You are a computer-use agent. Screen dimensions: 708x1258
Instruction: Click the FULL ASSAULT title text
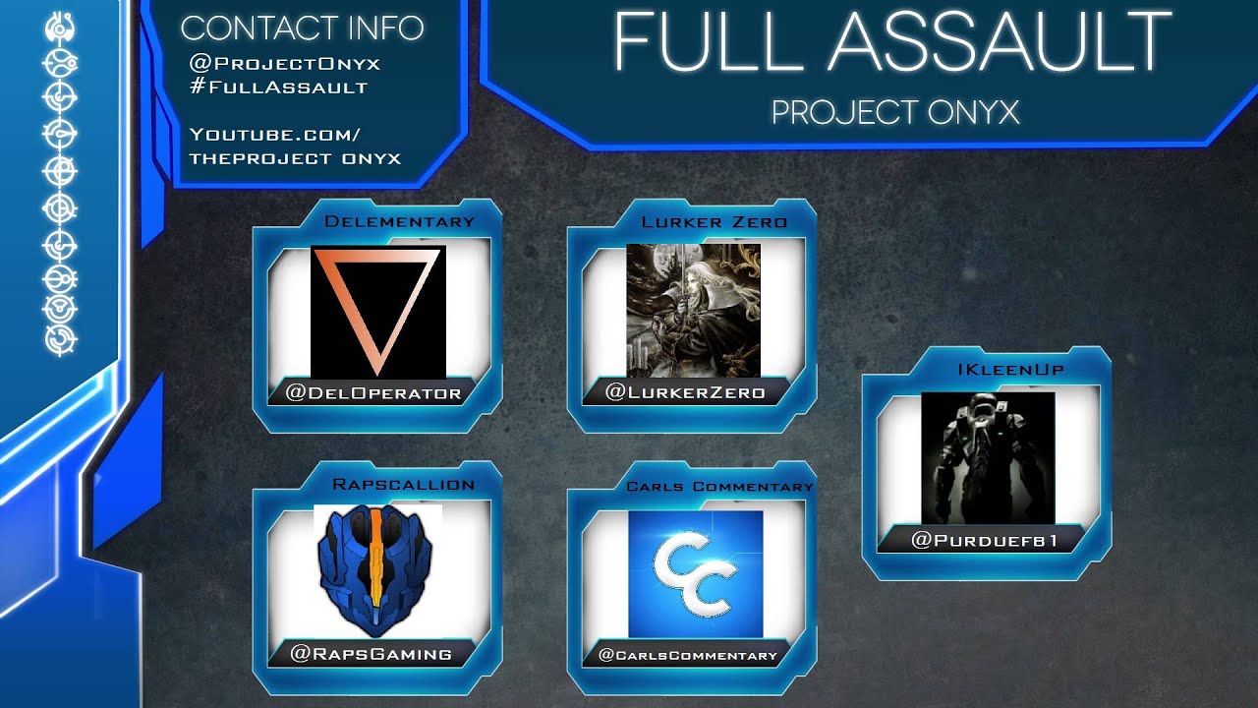tap(892, 44)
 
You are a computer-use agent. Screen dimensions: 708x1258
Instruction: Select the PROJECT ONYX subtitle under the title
tap(895, 112)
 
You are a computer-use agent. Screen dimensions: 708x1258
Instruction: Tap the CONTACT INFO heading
tap(302, 28)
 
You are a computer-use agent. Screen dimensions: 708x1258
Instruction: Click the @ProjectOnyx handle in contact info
tap(285, 64)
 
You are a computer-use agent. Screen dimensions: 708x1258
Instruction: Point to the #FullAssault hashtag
tap(279, 87)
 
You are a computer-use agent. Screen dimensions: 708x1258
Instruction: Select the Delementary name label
tap(399, 221)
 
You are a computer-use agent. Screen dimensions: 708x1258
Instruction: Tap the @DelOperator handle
tap(373, 393)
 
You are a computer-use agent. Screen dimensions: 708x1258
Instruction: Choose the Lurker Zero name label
tap(715, 221)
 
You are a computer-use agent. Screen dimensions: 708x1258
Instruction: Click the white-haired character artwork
tap(693, 310)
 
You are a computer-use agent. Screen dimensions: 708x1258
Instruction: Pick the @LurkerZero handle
tap(685, 392)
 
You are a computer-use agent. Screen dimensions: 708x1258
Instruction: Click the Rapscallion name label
tap(404, 484)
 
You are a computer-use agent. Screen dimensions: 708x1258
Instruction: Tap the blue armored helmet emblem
tap(377, 570)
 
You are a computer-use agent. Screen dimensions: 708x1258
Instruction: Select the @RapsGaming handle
tap(372, 653)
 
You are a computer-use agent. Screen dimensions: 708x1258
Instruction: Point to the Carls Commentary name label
tap(720, 486)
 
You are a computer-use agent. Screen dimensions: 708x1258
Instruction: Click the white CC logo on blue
tap(696, 573)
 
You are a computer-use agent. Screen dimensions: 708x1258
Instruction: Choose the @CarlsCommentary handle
tap(688, 655)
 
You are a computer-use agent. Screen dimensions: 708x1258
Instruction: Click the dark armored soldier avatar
tap(988, 457)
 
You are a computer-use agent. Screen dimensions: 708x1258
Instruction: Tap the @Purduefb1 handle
tap(985, 540)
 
